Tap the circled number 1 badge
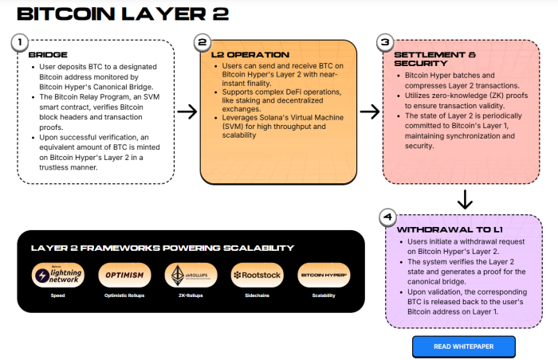coord(20,41)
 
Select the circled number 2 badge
coord(202,41)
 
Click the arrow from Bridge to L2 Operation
coord(187,112)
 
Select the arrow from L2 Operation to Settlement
coord(370,112)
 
